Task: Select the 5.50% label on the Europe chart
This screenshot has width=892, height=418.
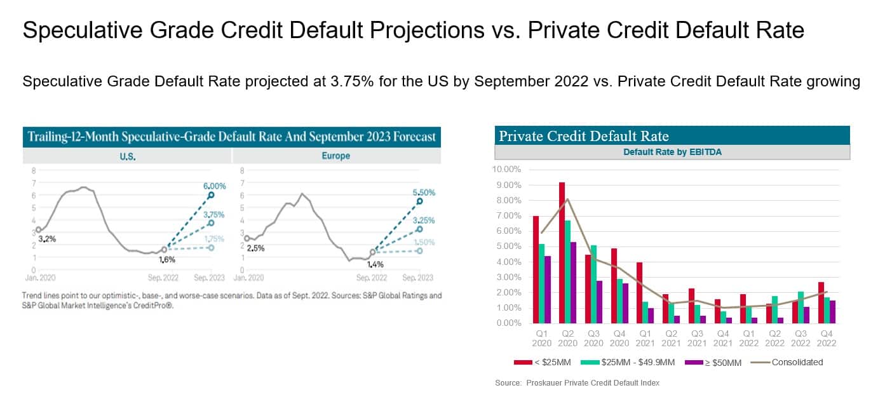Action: pyautogui.click(x=422, y=192)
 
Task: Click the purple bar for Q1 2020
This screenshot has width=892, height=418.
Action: pyautogui.click(x=548, y=289)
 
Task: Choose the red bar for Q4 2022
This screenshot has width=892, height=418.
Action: pyautogui.click(x=821, y=302)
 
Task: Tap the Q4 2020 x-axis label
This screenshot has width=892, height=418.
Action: pyautogui.click(x=619, y=338)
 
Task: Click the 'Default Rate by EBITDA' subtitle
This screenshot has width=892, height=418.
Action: pyautogui.click(x=672, y=152)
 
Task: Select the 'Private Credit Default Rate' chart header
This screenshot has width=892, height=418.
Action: pyautogui.click(x=584, y=136)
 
